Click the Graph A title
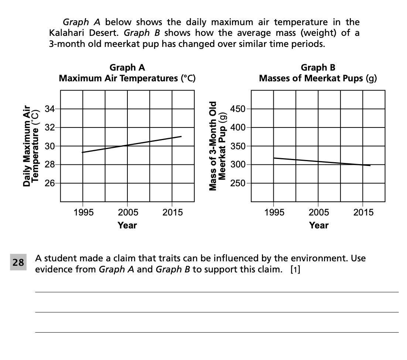pyautogui.click(x=127, y=73)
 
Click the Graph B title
pyautogui.click(x=318, y=73)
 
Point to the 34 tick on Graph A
pyautogui.click(x=49, y=109)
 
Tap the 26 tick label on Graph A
pyautogui.click(x=49, y=183)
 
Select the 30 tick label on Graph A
pyautogui.click(x=49, y=146)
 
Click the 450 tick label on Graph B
pyautogui.click(x=237, y=109)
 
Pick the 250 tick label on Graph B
pyautogui.click(x=237, y=183)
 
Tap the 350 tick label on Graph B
pyautogui.click(x=237, y=146)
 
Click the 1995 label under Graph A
pyautogui.click(x=83, y=213)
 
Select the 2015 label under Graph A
pyautogui.click(x=172, y=213)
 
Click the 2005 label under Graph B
pyautogui.click(x=319, y=213)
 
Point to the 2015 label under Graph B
pyautogui.click(x=363, y=213)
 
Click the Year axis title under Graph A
pyautogui.click(x=127, y=225)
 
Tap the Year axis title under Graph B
pyautogui.click(x=319, y=225)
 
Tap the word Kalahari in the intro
pyautogui.click(x=66, y=33)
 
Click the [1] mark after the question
pyautogui.click(x=295, y=269)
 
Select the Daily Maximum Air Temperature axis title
pyautogui.click(x=30, y=146)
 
